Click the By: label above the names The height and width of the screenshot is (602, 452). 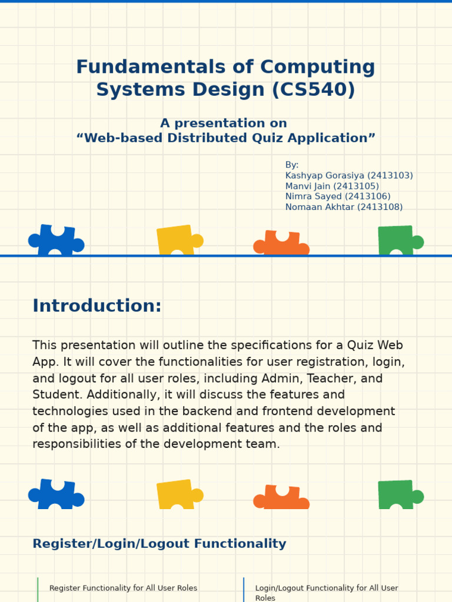point(292,165)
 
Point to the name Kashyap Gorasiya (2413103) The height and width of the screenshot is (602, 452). point(349,176)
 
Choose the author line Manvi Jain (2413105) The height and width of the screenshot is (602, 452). point(332,186)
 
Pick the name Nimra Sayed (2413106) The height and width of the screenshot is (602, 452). point(338,196)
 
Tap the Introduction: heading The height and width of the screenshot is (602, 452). point(97,306)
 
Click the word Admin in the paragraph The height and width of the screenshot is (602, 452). point(291,379)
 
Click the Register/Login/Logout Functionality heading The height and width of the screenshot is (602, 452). point(159,544)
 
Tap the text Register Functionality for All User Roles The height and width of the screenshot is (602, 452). point(123,588)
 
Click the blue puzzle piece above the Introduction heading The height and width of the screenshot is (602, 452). point(56,240)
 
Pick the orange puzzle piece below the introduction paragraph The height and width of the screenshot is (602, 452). point(281,497)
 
